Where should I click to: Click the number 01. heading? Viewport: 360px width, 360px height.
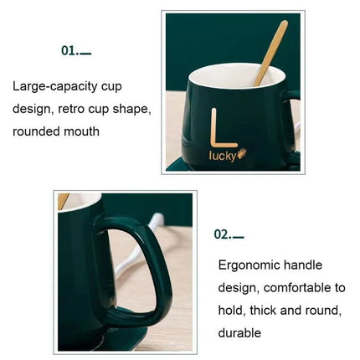click(x=76, y=51)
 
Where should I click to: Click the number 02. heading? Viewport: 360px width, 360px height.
click(x=229, y=234)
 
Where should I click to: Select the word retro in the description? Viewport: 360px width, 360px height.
click(x=71, y=109)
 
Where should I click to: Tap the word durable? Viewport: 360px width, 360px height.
click(x=239, y=333)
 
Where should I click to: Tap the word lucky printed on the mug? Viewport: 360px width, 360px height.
click(x=223, y=157)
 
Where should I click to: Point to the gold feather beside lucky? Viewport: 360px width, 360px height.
click(x=242, y=154)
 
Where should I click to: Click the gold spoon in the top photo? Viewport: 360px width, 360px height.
click(x=270, y=53)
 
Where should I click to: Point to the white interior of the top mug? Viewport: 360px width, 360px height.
click(x=237, y=75)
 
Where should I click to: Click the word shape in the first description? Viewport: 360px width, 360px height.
click(x=131, y=110)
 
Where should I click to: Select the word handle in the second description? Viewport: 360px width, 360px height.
click(x=303, y=265)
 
